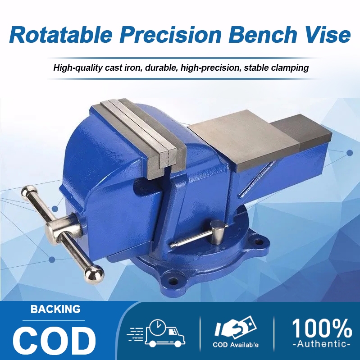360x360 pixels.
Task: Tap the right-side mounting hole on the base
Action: pyautogui.click(x=258, y=242)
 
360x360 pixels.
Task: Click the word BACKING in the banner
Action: pyautogui.click(x=55, y=310)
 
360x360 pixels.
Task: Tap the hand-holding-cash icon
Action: pyautogui.click(x=236, y=328)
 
